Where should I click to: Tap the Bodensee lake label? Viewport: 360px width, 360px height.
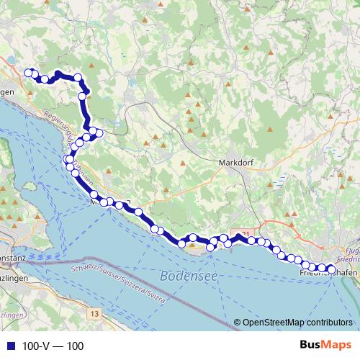point(184,276)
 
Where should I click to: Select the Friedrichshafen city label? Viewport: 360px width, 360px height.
point(328,274)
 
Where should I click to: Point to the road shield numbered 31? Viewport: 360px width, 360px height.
point(245,235)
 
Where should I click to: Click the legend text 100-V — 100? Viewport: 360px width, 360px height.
point(53,346)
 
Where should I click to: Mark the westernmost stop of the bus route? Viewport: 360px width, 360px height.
point(30,72)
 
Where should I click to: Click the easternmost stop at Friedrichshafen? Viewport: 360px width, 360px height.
point(332,270)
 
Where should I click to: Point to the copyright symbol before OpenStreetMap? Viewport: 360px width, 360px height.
point(238,322)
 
